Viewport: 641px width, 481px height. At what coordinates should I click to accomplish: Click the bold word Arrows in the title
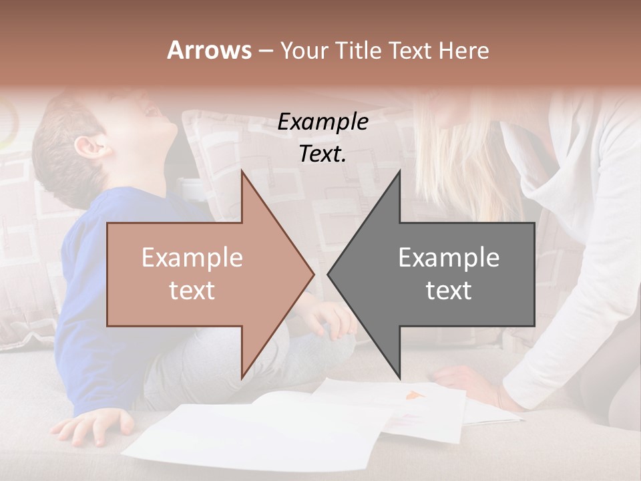209,50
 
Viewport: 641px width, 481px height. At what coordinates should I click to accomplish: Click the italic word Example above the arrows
323,122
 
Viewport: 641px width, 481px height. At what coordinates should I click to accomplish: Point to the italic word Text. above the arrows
323,154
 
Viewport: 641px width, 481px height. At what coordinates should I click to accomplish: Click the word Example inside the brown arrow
192,258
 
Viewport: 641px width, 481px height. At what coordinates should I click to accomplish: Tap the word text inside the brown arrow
192,291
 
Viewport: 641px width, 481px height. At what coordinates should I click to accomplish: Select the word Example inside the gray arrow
449,258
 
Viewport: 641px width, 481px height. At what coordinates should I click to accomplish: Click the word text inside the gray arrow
449,291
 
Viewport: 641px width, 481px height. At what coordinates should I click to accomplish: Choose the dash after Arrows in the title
265,51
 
